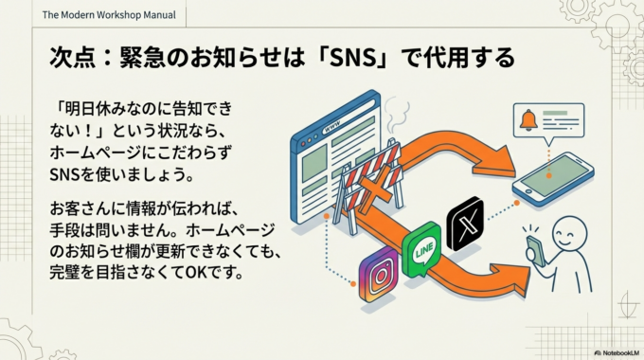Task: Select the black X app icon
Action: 464,224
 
